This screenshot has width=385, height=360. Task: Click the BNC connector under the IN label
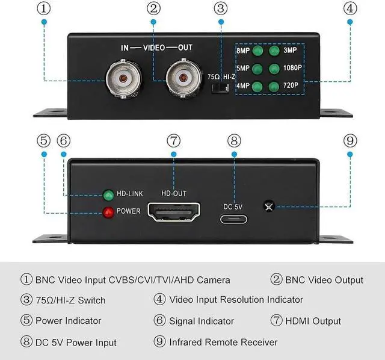tap(123, 79)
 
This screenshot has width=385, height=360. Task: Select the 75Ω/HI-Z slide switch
tap(221, 87)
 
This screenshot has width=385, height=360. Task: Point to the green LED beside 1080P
tap(275, 69)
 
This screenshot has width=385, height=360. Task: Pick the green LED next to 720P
tap(275, 86)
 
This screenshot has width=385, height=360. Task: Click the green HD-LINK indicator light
tap(109, 195)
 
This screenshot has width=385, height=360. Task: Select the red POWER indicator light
tap(109, 212)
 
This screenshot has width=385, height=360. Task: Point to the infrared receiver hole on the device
tap(269, 206)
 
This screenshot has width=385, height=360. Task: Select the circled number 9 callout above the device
tap(350, 140)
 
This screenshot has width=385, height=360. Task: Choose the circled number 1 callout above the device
tap(43, 8)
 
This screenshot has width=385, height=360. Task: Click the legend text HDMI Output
tap(313, 321)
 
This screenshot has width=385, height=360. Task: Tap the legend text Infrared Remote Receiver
tap(223, 342)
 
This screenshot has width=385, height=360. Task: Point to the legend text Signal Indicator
tap(201, 321)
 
